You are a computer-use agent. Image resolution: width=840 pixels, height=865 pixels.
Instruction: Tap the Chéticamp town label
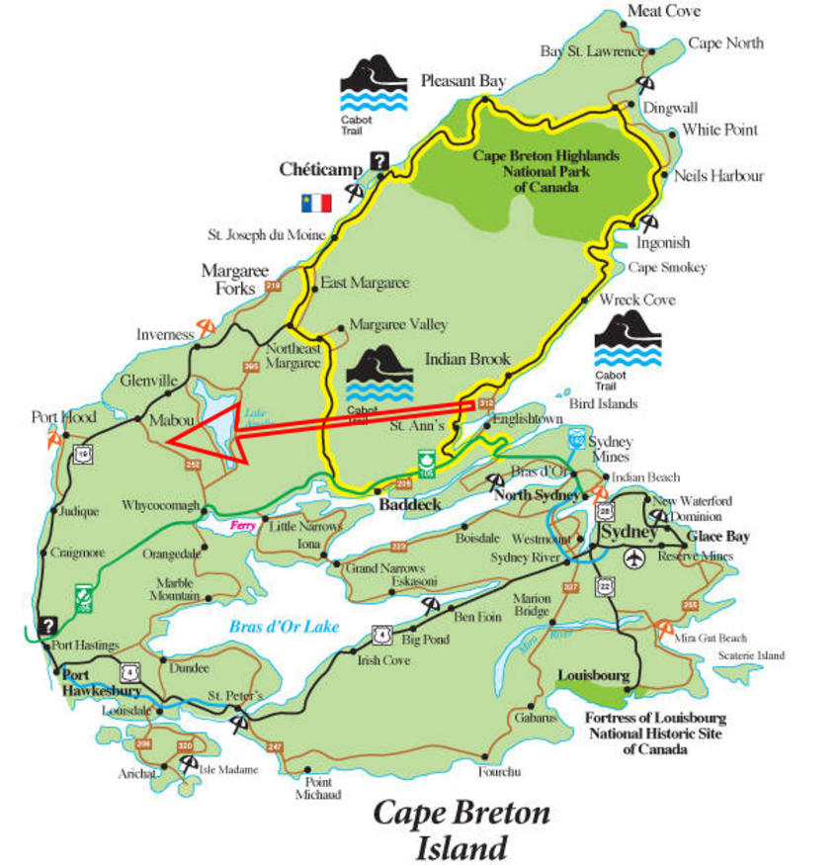pyautogui.click(x=321, y=168)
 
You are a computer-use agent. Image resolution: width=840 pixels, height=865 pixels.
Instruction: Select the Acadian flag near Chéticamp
pyautogui.click(x=316, y=203)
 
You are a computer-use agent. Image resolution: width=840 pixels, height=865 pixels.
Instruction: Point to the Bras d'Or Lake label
pyautogui.click(x=284, y=626)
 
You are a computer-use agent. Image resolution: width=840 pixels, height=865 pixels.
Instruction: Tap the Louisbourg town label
pyautogui.click(x=593, y=675)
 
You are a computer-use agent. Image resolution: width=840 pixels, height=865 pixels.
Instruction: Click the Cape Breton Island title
pyautogui.click(x=461, y=829)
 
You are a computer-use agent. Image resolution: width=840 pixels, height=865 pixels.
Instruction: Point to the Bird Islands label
pyautogui.click(x=603, y=403)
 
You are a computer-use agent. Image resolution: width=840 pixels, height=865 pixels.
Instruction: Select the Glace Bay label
pyautogui.click(x=718, y=536)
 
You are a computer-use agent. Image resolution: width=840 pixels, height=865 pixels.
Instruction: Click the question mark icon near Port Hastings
pyautogui.click(x=46, y=625)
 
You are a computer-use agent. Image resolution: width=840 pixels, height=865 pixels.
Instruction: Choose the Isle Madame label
pyautogui.click(x=228, y=769)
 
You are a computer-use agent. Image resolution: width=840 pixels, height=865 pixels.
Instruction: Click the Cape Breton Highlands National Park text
pyautogui.click(x=546, y=171)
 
